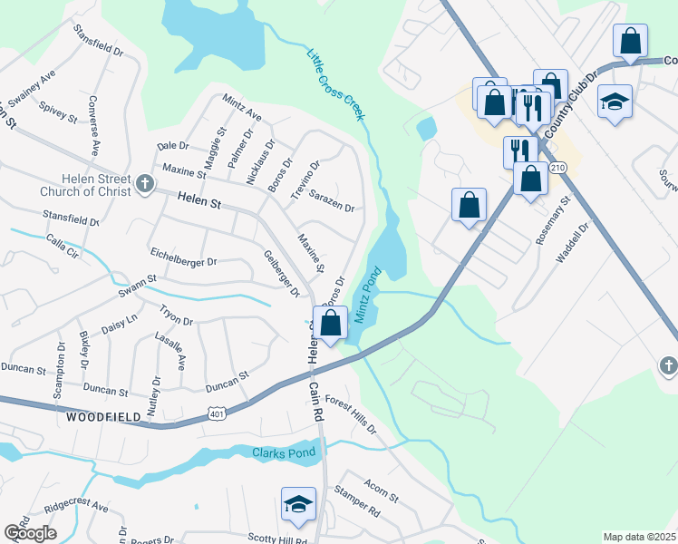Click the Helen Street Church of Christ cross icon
pos(143,186)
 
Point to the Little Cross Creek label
pos(335,84)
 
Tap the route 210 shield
pos(557,168)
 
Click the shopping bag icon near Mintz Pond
pos(330,323)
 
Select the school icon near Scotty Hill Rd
pos(298,504)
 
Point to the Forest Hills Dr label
pos(350,413)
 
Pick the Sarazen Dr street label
pos(331,200)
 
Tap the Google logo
pos(30,533)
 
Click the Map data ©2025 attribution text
pos(639,537)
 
